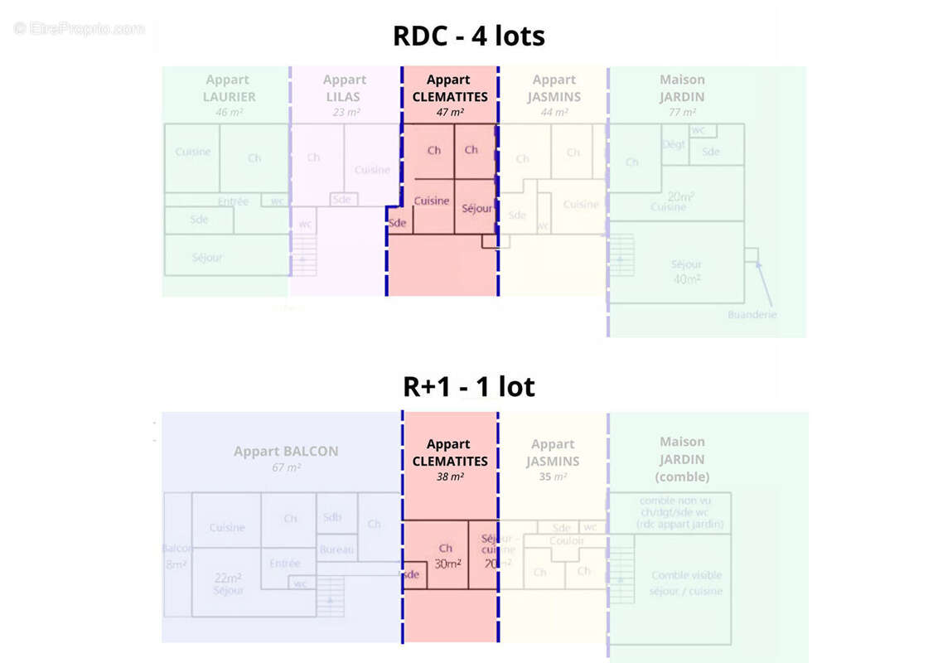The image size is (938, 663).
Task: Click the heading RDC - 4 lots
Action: tap(468, 36)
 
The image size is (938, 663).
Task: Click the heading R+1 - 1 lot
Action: tap(468, 386)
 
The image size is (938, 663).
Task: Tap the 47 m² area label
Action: tap(450, 113)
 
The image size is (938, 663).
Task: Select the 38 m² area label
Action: tap(450, 477)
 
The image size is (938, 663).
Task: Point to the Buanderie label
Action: tap(752, 315)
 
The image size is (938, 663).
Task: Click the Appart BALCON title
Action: tap(286, 452)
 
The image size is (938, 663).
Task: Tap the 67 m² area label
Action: tap(286, 468)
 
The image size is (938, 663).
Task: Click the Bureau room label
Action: tap(336, 549)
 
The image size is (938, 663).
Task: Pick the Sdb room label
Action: tap(332, 516)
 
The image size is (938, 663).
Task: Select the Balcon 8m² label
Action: tap(176, 556)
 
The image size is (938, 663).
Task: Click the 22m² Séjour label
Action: tap(228, 583)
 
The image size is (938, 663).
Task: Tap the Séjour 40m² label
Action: tap(686, 272)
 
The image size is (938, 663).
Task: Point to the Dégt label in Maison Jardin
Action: tap(673, 144)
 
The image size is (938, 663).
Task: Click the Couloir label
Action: tap(566, 541)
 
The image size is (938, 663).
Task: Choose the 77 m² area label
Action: tap(682, 113)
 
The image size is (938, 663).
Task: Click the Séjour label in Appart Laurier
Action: tap(207, 258)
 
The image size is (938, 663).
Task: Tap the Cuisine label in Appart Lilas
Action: tap(372, 170)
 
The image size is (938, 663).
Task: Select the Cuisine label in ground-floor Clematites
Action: tap(432, 201)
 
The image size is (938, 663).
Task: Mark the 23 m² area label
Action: tap(345, 113)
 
